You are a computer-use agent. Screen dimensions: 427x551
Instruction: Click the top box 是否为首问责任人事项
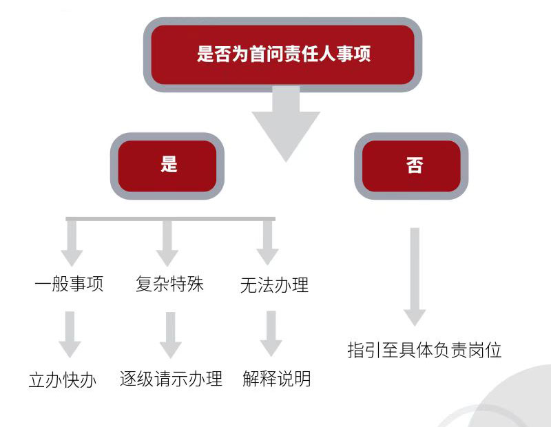(282, 54)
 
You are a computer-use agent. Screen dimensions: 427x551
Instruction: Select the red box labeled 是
(169, 165)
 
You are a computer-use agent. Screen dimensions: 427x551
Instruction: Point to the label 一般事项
(69, 284)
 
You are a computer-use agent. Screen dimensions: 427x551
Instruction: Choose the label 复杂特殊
(170, 284)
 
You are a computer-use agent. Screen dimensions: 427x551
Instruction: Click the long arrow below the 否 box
(415, 275)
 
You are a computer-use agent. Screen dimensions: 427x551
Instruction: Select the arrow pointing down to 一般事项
(72, 244)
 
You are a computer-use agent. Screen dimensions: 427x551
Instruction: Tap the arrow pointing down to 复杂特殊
(167, 244)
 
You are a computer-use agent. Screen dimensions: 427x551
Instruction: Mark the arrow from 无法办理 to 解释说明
(271, 334)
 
